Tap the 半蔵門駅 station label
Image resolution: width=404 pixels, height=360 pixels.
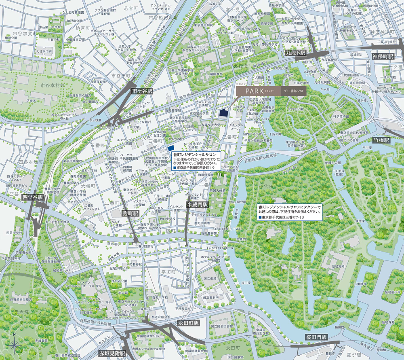pyautogui.click(x=197, y=204)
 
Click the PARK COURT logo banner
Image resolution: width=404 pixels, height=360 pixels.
pyautogui.click(x=271, y=91)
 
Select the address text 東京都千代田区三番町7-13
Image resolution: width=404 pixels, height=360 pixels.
pyautogui.click(x=282, y=218)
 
